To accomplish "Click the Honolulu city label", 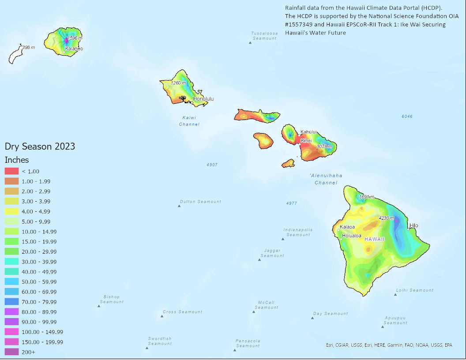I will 203,99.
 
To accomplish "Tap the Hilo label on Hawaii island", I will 413,225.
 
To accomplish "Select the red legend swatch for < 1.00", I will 11,171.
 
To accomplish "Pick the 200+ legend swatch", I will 11,352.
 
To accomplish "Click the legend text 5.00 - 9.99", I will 36,221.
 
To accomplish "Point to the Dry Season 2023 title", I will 40,146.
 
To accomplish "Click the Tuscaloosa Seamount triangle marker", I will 250,42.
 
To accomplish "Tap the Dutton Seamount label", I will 200,202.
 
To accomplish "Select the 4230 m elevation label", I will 386,218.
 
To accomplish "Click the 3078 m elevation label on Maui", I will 324,146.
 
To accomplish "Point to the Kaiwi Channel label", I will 189,121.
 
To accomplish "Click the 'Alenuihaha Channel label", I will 326,179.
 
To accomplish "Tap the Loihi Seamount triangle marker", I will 395,294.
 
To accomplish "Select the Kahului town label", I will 309,132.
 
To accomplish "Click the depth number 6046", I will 407,116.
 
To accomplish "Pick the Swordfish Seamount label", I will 159,341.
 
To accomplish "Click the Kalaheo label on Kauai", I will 74,49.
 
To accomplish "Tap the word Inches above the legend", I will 17,160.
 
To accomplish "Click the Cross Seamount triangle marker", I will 162,315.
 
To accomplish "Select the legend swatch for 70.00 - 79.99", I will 11,302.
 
